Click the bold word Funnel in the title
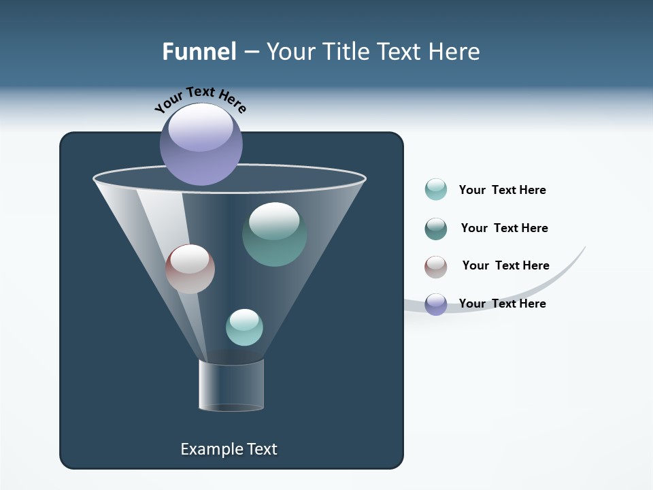199,52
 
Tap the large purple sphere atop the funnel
201,144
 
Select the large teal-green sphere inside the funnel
274,234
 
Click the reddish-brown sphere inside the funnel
190,269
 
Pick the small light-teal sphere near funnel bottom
244,327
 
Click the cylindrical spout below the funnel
231,385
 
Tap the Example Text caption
229,449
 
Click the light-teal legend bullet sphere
436,190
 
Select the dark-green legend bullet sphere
436,229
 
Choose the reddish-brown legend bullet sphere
436,267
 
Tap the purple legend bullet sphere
436,304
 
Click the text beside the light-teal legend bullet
502,190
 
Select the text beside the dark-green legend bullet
504,228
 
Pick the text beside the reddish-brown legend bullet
505,265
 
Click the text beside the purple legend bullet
502,304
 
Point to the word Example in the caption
207,449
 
